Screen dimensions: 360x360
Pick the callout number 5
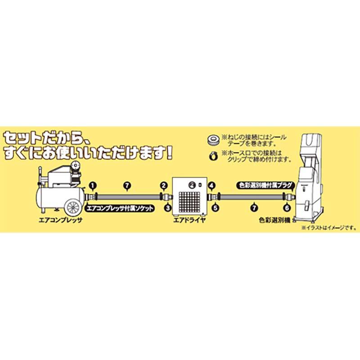pyautogui.click(x=215, y=208)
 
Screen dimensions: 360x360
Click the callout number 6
pyautogui.click(x=286, y=208)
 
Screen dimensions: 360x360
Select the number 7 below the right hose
pyautogui.click(x=256, y=208)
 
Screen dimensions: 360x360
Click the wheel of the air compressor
pyautogui.click(x=72, y=206)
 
